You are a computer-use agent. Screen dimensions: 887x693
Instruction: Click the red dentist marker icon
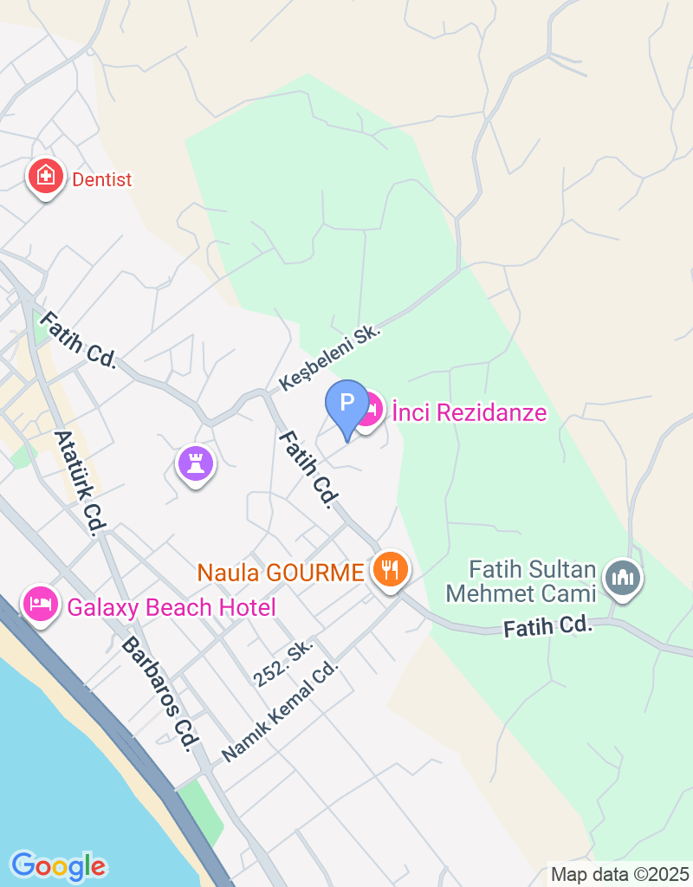(x=45, y=177)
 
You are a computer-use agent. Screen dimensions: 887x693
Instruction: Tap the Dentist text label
(x=102, y=180)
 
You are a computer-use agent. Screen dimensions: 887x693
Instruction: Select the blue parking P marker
(x=346, y=405)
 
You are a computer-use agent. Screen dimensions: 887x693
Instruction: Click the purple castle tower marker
(x=196, y=463)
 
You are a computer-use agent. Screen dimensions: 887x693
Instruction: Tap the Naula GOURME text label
(x=281, y=573)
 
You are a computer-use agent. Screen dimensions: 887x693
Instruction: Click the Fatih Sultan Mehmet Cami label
(x=533, y=581)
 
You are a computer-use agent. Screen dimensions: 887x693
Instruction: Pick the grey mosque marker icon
(x=622, y=576)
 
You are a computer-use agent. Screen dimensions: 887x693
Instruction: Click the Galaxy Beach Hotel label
(x=172, y=607)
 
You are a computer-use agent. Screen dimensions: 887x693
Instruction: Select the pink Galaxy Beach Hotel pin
(x=40, y=604)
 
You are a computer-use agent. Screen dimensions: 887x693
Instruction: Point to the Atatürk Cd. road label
(x=79, y=482)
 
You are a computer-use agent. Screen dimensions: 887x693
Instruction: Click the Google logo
(x=59, y=865)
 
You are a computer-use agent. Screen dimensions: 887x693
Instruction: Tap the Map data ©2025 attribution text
(x=619, y=874)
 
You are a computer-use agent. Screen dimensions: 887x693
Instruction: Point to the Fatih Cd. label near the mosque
(x=547, y=625)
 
